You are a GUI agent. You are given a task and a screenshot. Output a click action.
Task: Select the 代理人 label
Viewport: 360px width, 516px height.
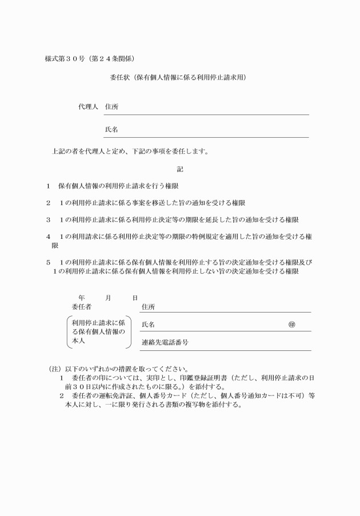(x=88, y=107)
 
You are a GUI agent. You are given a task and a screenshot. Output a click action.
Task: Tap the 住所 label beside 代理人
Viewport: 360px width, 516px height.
(x=111, y=107)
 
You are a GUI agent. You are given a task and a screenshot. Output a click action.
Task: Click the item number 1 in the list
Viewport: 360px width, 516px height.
(x=49, y=186)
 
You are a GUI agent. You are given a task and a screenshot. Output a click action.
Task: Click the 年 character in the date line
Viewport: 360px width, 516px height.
(x=82, y=297)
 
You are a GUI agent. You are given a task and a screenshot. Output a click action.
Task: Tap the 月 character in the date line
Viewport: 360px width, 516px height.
(x=108, y=297)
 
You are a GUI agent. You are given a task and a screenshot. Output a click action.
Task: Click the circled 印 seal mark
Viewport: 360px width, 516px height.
(x=291, y=324)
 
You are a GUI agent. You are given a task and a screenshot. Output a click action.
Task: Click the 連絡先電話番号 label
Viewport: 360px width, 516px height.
(x=165, y=343)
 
